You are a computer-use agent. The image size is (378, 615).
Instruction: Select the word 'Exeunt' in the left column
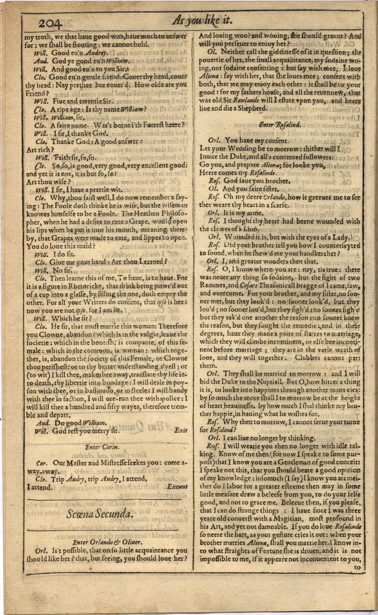[177, 486]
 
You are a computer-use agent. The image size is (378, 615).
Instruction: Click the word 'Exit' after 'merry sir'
[181, 430]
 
